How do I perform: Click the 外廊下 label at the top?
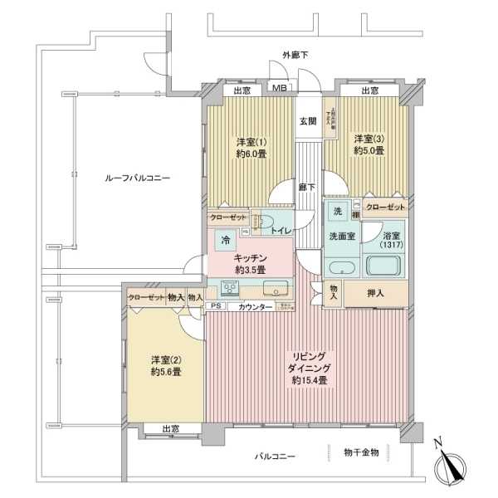[295, 55]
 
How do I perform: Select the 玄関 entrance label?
[308, 121]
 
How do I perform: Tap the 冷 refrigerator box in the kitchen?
[225, 241]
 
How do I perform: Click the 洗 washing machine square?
[337, 211]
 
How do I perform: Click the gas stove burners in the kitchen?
[229, 288]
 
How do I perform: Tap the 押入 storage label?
[375, 293]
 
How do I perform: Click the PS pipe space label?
[216, 307]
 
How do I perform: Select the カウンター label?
[255, 307]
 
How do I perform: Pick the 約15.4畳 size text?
[309, 380]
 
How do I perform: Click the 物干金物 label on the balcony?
[361, 452]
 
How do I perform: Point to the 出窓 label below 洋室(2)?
[170, 429]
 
